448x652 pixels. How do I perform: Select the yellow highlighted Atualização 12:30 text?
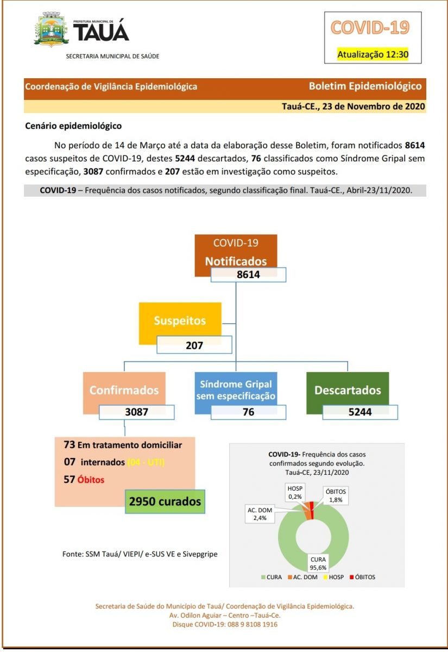373,54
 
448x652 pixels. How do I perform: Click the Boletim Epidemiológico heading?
365,86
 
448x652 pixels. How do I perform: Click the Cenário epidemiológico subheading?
73,126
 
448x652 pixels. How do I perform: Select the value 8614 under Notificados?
248,275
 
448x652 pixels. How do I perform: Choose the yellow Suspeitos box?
180,321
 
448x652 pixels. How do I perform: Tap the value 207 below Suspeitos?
194,345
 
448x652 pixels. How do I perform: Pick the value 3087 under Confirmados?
136,412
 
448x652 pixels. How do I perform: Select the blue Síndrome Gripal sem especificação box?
236,390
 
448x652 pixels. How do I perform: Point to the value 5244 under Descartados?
360,412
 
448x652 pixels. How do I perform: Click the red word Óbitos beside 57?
91,480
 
